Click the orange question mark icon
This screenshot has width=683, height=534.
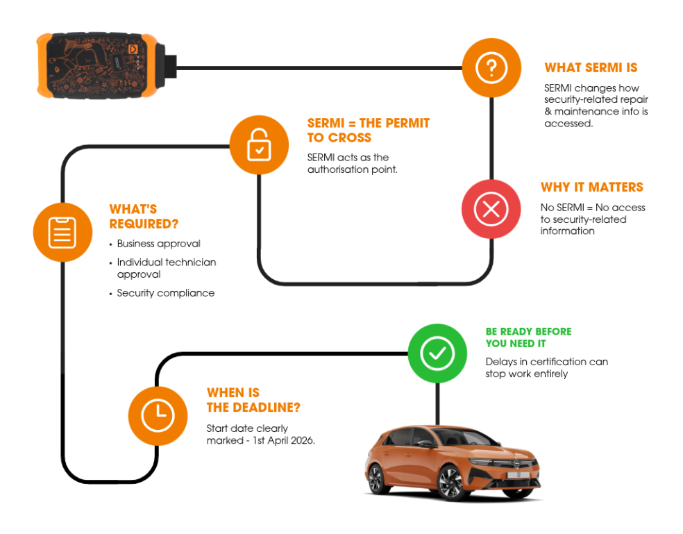click(x=491, y=68)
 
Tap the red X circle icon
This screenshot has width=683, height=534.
click(x=491, y=209)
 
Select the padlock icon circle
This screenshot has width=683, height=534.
click(x=258, y=144)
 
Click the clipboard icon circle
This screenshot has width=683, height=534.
click(x=62, y=232)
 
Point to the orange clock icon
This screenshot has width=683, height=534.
click(x=158, y=416)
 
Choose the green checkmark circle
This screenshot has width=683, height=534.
click(x=437, y=353)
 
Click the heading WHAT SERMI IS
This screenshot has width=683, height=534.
click(x=591, y=68)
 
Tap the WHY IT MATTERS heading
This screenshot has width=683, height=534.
click(x=591, y=187)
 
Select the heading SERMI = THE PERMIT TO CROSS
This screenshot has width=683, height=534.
click(x=368, y=130)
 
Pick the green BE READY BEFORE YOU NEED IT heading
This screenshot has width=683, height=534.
click(x=528, y=337)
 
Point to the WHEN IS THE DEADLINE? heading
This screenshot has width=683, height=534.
click(x=253, y=400)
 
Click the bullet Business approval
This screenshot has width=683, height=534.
click(x=158, y=244)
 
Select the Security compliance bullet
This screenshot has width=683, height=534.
click(x=165, y=293)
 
